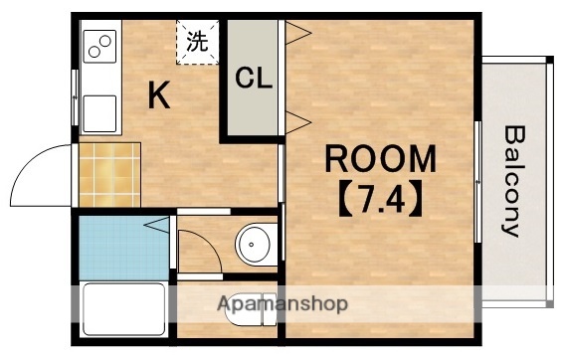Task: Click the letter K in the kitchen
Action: pyautogui.click(x=159, y=94)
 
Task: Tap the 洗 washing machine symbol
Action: pyautogui.click(x=198, y=42)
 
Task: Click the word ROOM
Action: pyautogui.click(x=381, y=159)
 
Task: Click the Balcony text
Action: pyautogui.click(x=512, y=180)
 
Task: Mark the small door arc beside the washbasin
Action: pyautogui.click(x=199, y=249)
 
